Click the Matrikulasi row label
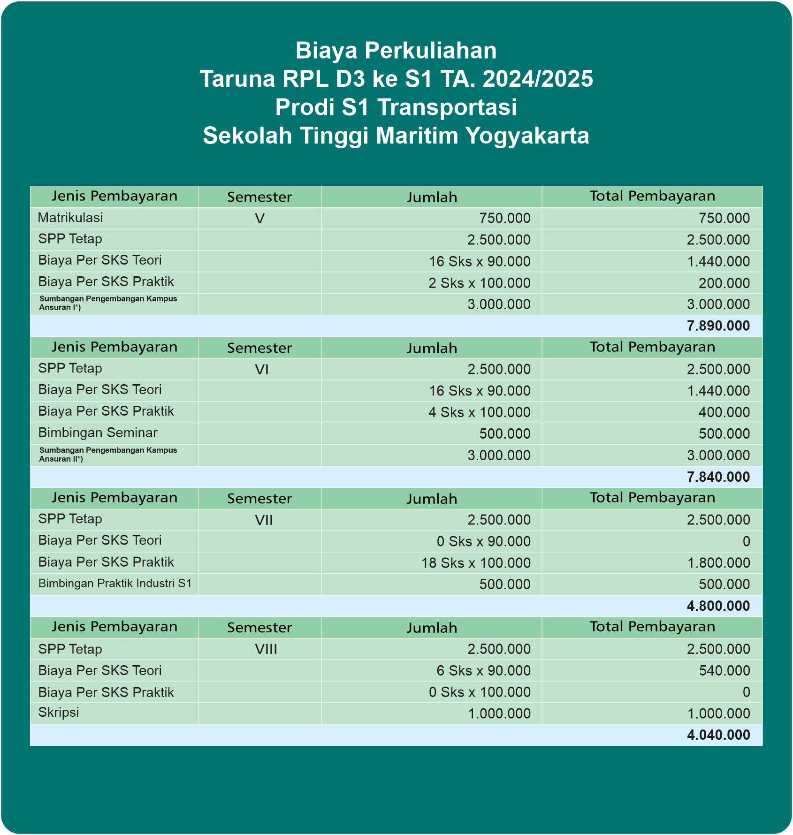tap(70, 218)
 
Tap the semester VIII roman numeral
tap(266, 649)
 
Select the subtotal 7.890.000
tap(718, 326)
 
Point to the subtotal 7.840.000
tap(718, 477)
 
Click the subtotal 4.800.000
tap(718, 606)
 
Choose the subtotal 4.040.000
tap(718, 735)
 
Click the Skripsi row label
tap(59, 712)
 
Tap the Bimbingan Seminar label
tap(98, 433)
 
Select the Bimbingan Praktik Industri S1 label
tap(115, 584)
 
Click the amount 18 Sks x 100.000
tap(476, 563)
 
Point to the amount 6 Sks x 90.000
tap(483, 671)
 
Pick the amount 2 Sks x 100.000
tap(479, 283)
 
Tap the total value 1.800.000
tap(718, 563)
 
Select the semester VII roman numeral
tap(264, 520)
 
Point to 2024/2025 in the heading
tap(538, 79)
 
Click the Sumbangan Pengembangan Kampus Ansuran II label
tap(108, 455)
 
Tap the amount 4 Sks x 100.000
tap(479, 412)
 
